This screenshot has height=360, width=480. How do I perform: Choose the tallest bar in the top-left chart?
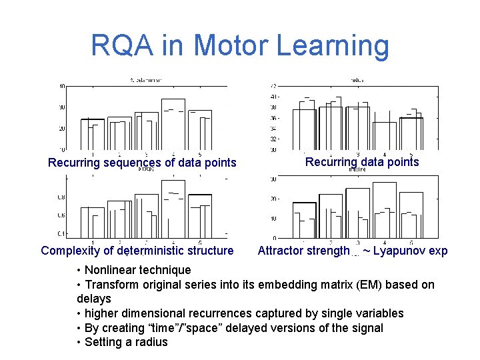point(173,124)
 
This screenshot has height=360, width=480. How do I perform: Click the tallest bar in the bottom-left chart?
point(173,209)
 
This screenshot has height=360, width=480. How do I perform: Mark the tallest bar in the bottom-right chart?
point(385,210)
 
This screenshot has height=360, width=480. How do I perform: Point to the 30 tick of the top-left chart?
point(61,107)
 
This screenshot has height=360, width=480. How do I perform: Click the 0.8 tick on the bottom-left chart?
point(61,197)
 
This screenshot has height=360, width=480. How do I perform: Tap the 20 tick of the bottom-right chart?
point(273,199)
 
